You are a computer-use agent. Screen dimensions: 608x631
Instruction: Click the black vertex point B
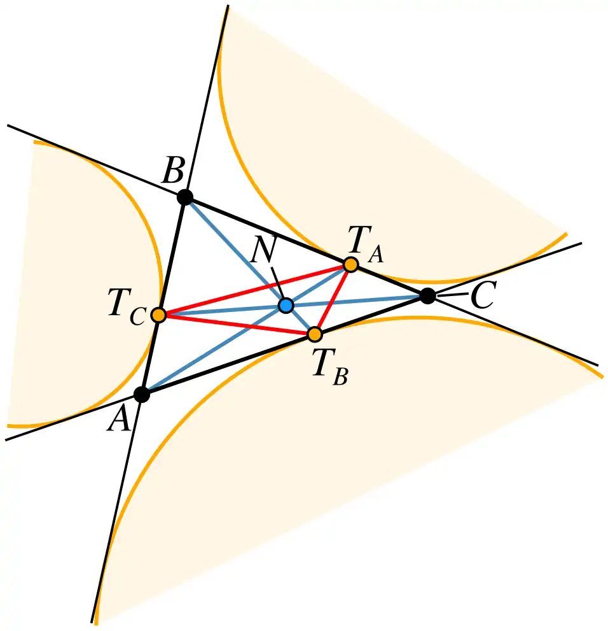pyautogui.click(x=185, y=197)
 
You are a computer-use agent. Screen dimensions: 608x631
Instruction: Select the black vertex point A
pyautogui.click(x=142, y=394)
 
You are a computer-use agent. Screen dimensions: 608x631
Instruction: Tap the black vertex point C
pyautogui.click(x=427, y=296)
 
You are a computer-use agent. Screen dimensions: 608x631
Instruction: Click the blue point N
pyautogui.click(x=286, y=306)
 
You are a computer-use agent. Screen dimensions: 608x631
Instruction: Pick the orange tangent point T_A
pyautogui.click(x=350, y=264)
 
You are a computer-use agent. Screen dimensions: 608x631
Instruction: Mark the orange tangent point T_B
pyautogui.click(x=315, y=334)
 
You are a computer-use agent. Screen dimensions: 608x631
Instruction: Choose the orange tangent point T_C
pyautogui.click(x=159, y=315)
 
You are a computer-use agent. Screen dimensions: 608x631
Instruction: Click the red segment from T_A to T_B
pyautogui.click(x=333, y=299)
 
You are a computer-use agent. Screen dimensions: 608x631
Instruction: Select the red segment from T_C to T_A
pyautogui.click(x=255, y=290)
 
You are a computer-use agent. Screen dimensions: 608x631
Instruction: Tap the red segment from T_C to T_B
pyautogui.click(x=237, y=324)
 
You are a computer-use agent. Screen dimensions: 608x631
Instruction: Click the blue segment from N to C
pyautogui.click(x=356, y=301)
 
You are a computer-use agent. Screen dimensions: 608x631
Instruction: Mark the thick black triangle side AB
pyautogui.click(x=163, y=296)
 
